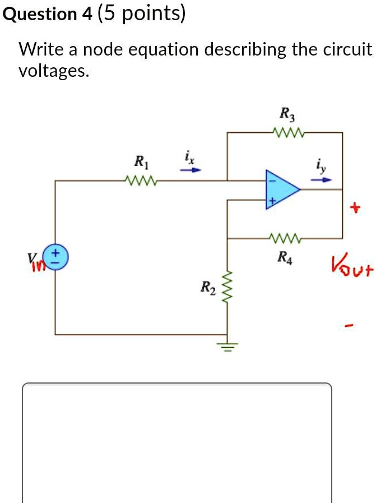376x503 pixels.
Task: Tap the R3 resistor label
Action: click(x=286, y=114)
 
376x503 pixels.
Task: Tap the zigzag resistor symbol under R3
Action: click(x=287, y=133)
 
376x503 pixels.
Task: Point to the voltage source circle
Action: click(x=58, y=254)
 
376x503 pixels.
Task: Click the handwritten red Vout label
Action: click(x=351, y=263)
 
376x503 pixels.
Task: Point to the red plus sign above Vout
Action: click(x=352, y=209)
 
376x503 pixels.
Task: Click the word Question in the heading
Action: click(x=40, y=14)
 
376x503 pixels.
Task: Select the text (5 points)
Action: click(x=141, y=14)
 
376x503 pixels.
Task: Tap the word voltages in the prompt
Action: click(x=53, y=71)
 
